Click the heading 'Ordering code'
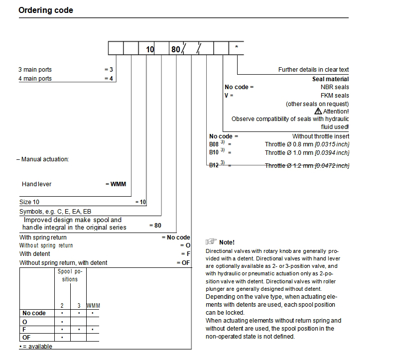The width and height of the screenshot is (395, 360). click(x=46, y=10)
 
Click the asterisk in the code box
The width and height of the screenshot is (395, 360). click(x=236, y=48)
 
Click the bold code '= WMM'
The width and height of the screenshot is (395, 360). click(x=116, y=184)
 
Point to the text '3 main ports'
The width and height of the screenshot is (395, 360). click(x=35, y=70)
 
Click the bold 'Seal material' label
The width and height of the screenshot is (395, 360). click(x=330, y=79)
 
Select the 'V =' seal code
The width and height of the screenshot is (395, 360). click(x=229, y=95)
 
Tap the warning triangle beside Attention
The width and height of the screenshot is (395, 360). click(x=319, y=112)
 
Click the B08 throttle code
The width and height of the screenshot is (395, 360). click(x=214, y=144)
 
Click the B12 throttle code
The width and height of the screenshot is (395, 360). click(x=214, y=165)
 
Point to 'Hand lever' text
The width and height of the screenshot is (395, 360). click(x=36, y=184)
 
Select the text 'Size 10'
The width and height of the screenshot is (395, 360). click(x=29, y=202)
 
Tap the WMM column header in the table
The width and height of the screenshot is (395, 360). click(x=93, y=305)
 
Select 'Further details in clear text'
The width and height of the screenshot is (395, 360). click(x=313, y=70)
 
